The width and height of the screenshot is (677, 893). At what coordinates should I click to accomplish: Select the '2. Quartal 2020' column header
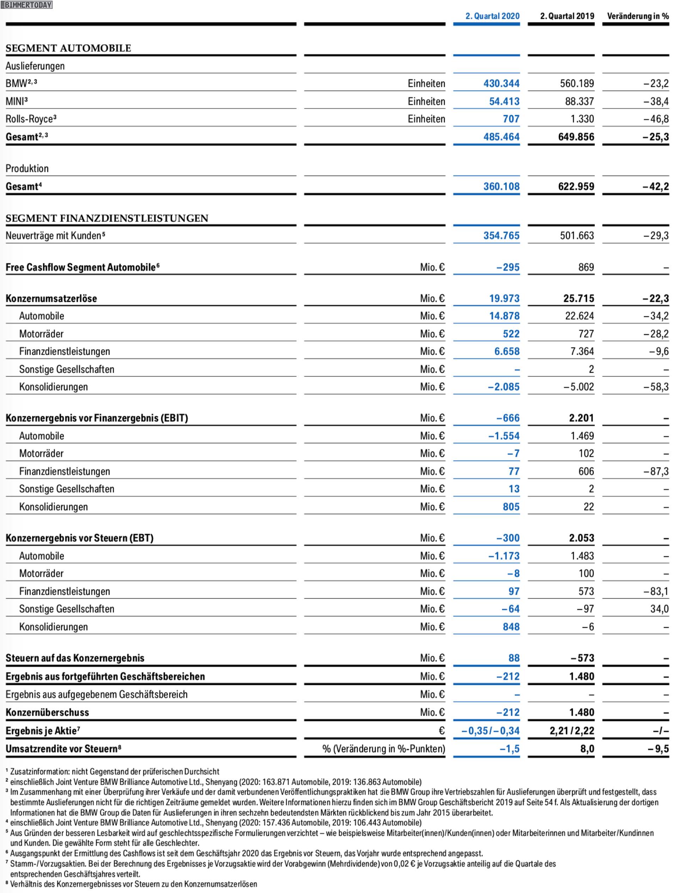(x=492, y=16)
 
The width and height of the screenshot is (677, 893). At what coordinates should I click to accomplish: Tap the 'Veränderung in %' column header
(x=638, y=16)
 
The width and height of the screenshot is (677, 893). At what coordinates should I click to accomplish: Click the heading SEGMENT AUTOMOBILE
(x=68, y=48)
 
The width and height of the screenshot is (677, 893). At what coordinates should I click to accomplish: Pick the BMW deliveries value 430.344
(x=501, y=84)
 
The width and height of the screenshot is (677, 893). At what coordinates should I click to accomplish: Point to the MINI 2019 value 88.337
(x=579, y=101)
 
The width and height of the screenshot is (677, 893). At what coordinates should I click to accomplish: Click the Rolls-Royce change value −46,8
(x=656, y=119)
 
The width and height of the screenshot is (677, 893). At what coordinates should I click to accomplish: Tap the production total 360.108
(x=501, y=186)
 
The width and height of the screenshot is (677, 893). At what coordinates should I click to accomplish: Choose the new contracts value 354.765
(x=501, y=236)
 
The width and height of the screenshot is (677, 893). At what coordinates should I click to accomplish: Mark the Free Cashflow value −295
(x=508, y=267)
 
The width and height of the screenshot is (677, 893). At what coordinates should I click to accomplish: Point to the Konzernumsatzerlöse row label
(x=51, y=299)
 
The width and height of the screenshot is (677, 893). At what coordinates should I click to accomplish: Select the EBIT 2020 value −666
(x=508, y=418)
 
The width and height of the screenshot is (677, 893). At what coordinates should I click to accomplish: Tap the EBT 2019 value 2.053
(x=582, y=538)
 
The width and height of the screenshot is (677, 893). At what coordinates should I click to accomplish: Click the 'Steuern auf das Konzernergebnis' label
(x=75, y=658)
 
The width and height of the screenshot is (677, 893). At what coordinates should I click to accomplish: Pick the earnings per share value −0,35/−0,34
(x=490, y=730)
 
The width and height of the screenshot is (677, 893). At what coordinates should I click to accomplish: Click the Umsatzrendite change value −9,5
(x=658, y=749)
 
